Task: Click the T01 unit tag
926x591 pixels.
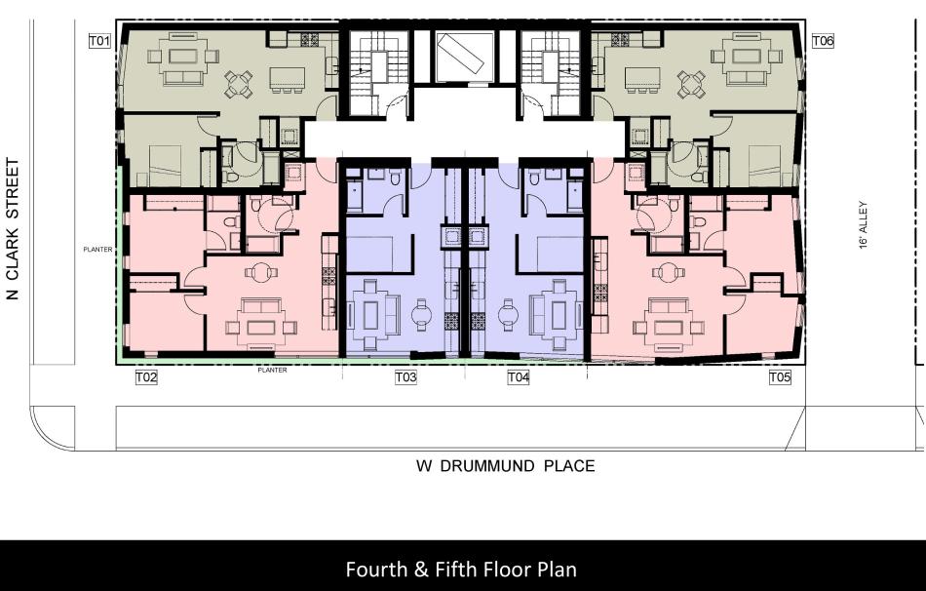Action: (99, 41)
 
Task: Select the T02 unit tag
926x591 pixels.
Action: (146, 377)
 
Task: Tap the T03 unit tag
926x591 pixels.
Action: (405, 377)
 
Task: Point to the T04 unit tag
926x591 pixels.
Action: (518, 377)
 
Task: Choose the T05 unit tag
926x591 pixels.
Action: (780, 377)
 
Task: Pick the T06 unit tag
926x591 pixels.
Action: (823, 41)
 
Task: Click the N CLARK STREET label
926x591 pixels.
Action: (13, 229)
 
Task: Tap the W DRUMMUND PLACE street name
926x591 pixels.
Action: (506, 466)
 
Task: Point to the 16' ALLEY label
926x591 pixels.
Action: (864, 224)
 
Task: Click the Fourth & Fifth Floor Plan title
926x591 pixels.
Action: (461, 570)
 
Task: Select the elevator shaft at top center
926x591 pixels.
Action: (464, 57)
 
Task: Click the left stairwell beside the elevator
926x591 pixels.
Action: (378, 73)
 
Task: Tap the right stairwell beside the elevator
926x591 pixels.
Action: (551, 73)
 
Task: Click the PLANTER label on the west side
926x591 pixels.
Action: (97, 250)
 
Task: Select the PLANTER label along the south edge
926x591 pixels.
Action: (272, 370)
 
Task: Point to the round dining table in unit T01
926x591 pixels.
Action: (239, 84)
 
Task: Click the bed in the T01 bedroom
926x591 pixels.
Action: (165, 166)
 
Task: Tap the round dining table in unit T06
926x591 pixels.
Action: (691, 84)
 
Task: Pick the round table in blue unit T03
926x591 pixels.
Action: (422, 314)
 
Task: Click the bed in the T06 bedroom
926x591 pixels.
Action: (765, 166)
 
